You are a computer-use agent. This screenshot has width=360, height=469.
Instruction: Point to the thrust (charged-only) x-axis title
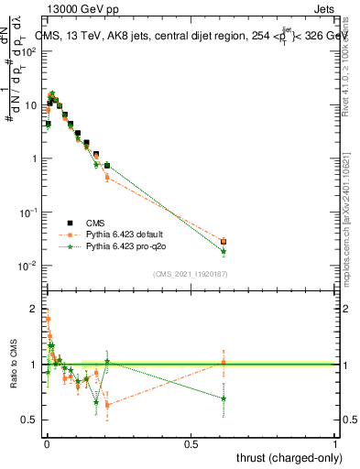(281, 457)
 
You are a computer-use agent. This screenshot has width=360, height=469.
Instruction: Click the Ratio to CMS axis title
(13, 365)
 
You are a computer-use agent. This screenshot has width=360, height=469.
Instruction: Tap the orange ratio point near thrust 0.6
(224, 363)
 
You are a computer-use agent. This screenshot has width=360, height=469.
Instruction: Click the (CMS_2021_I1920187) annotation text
(190, 274)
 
